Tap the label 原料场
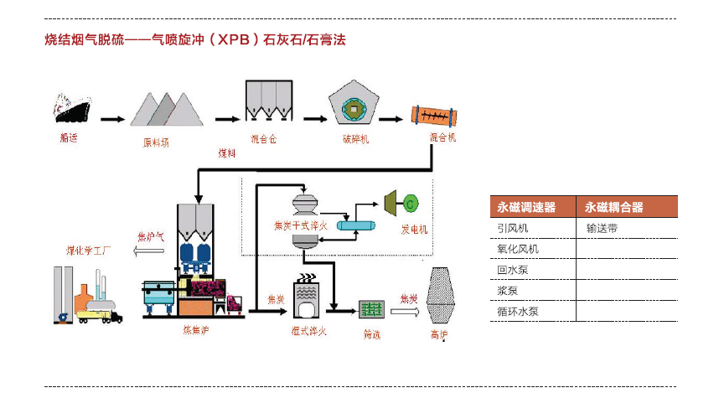pos(155,142)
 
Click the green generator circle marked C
pos(411,203)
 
